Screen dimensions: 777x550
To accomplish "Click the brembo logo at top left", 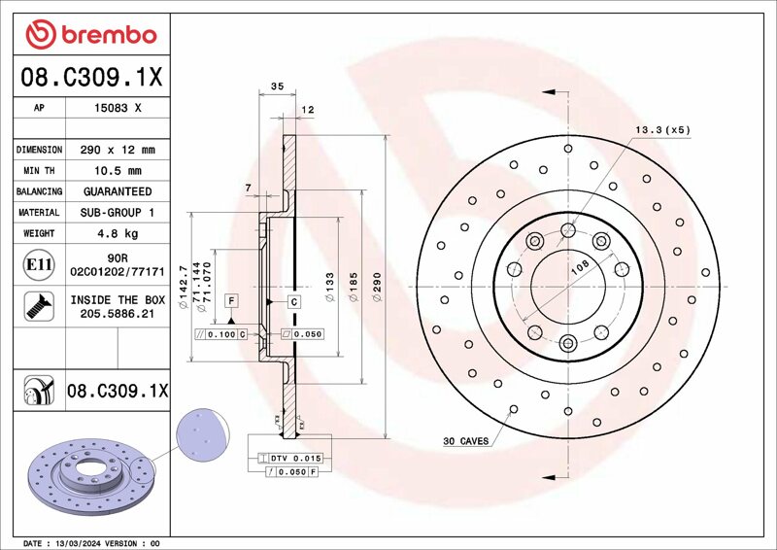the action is (x=91, y=35).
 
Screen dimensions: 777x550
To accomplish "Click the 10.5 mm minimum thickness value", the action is (x=118, y=171).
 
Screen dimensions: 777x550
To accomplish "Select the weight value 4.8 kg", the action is (x=118, y=233).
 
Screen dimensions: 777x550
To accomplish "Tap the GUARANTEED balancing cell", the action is (x=118, y=191).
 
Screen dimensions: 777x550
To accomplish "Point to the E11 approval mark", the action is (x=39, y=265).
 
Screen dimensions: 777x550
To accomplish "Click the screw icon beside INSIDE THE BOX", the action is (x=39, y=306).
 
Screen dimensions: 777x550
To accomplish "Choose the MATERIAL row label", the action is (x=39, y=212).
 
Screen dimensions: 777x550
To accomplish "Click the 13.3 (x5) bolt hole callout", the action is (x=662, y=130).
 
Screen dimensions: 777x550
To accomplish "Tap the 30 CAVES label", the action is (x=465, y=441).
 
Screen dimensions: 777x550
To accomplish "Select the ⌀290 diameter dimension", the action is (x=377, y=287).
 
